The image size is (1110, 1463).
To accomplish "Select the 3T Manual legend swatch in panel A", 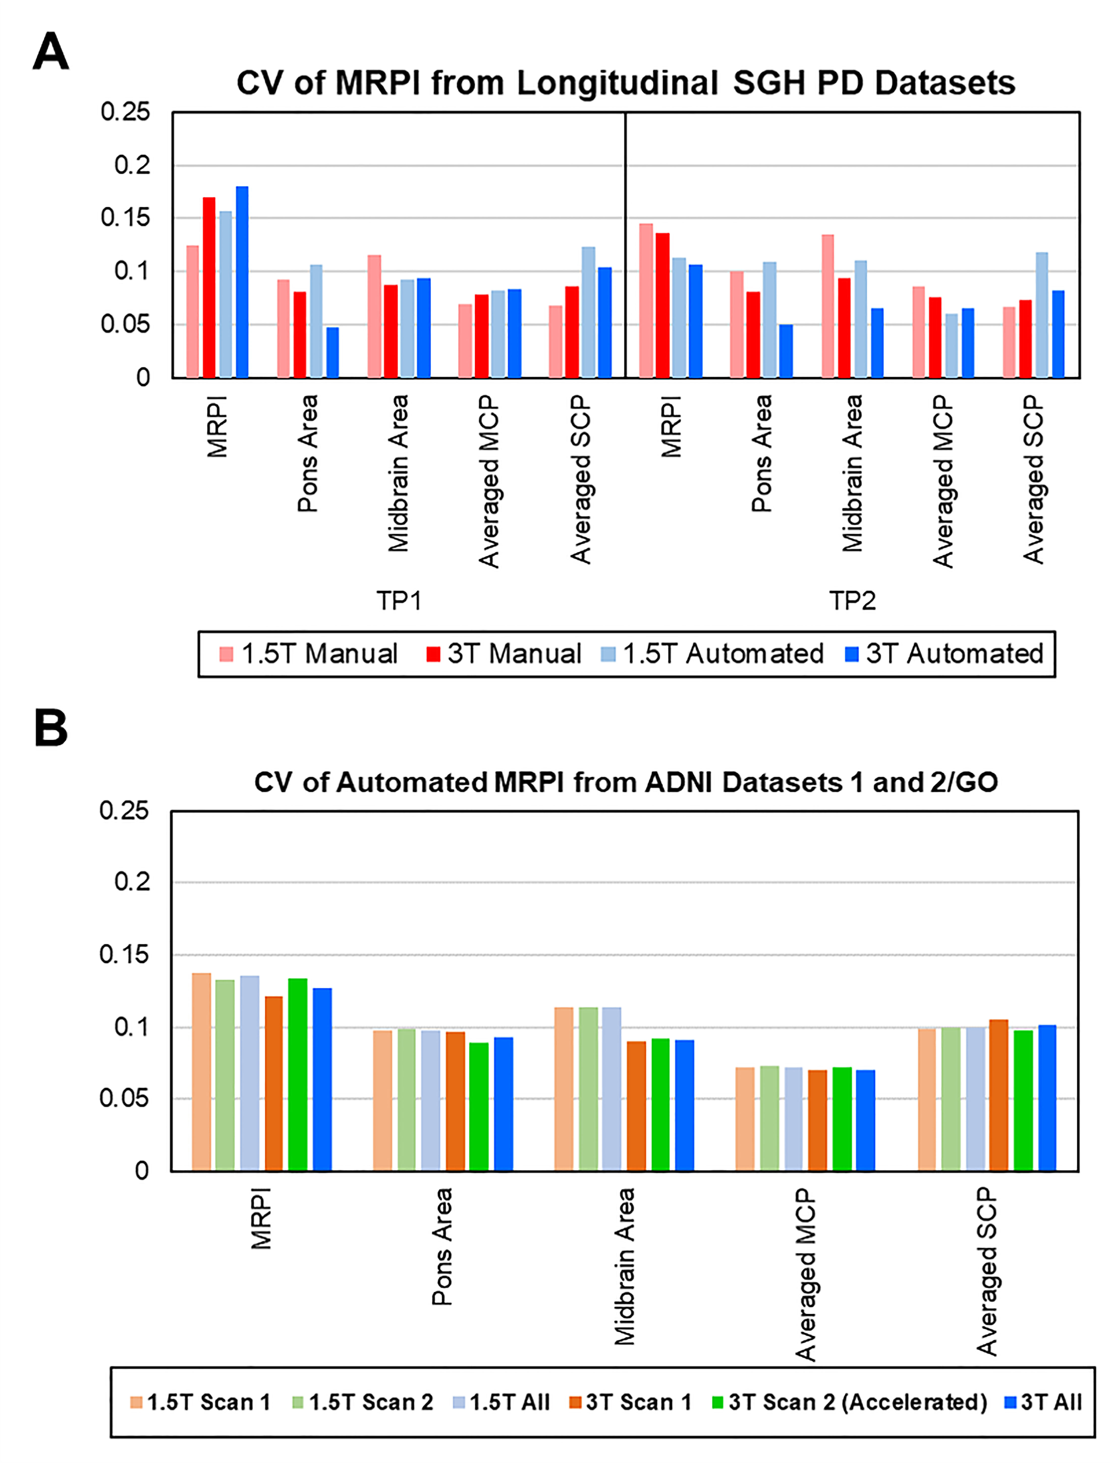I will [x=433, y=654].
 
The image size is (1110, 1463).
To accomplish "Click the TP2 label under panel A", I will [x=852, y=600].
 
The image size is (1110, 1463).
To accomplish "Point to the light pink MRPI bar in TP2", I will [x=646, y=301].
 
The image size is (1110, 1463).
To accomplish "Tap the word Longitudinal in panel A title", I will [x=617, y=83].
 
